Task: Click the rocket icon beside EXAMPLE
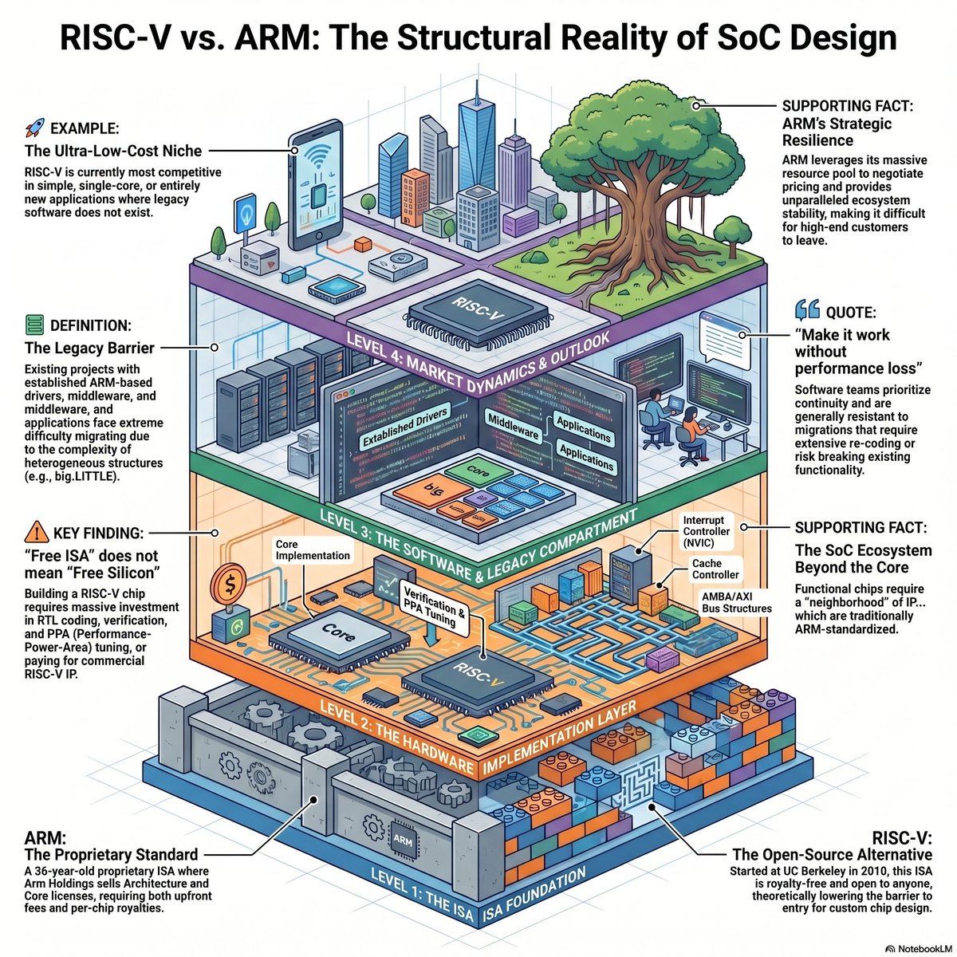point(35,128)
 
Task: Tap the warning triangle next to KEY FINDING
point(37,532)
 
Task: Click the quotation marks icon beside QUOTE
point(807,310)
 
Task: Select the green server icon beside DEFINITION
point(35,325)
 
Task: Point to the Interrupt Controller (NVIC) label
point(706,531)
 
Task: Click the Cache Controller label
point(715,569)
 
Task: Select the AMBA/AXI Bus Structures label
point(736,602)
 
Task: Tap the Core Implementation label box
point(313,549)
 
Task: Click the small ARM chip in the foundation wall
point(402,838)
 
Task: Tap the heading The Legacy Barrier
point(89,348)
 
